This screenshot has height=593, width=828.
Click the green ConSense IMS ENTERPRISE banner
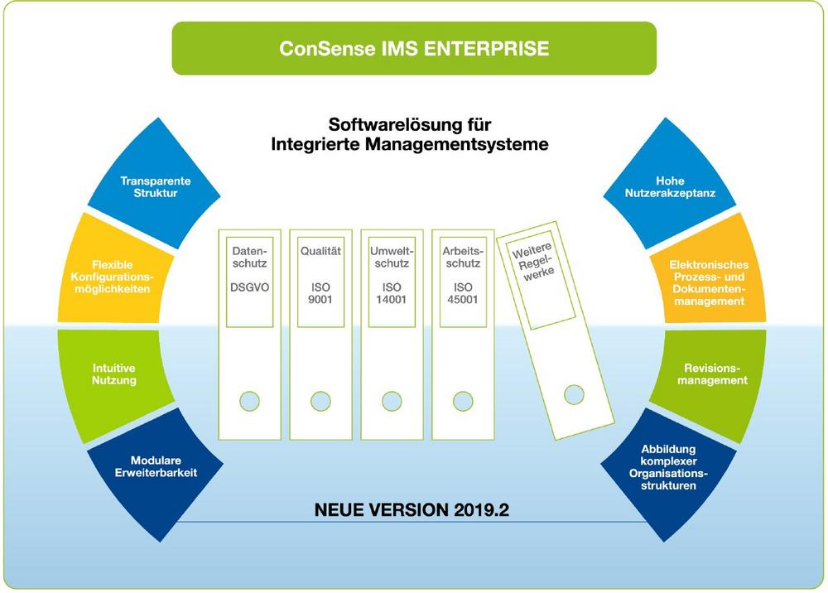tap(413, 48)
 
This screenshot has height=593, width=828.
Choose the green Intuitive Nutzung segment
tap(114, 374)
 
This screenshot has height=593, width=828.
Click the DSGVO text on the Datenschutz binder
tap(248, 287)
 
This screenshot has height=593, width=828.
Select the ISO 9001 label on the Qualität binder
tap(320, 293)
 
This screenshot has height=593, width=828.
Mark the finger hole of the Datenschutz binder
tap(249, 401)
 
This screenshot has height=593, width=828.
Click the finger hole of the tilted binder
tap(573, 394)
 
